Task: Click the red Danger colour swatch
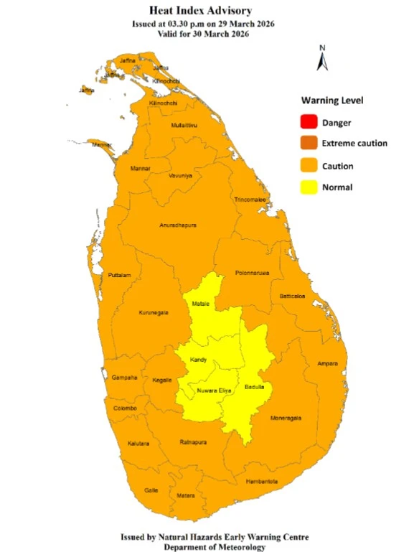coord(307,122)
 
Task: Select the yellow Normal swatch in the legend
coord(307,187)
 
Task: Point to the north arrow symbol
coord(323,58)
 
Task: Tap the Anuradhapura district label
coord(178,225)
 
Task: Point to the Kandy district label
coord(199,359)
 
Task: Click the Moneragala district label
coord(285,418)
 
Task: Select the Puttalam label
coord(118,275)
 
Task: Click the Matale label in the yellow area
coord(200,304)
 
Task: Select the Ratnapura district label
coord(194,441)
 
